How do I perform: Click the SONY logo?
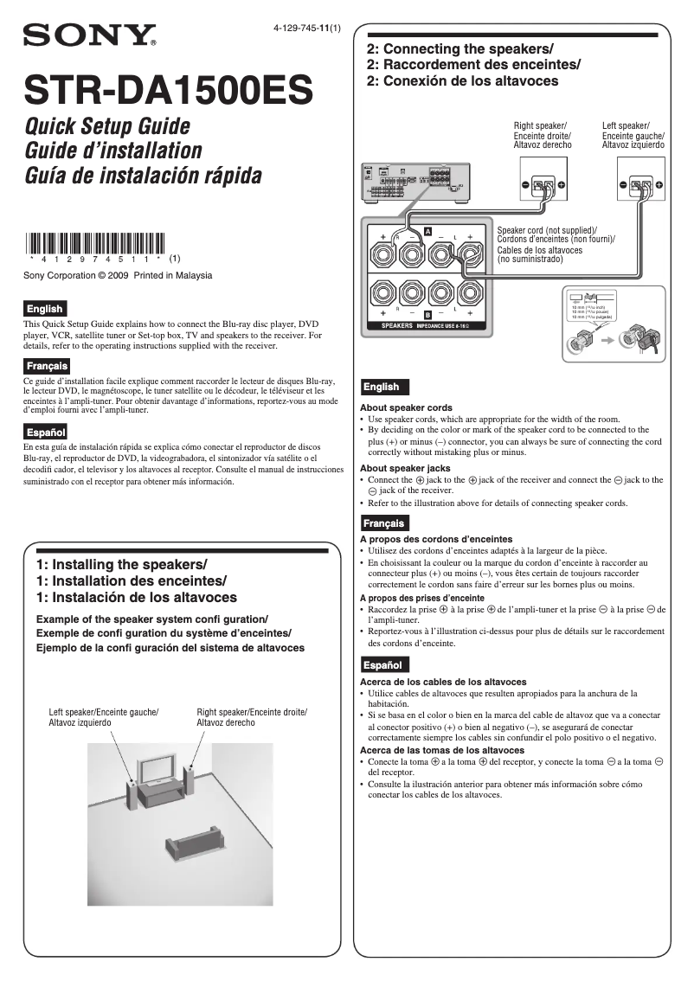[89, 35]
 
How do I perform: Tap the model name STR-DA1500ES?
[169, 89]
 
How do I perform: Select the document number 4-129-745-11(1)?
[306, 28]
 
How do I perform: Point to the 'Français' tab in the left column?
[47, 366]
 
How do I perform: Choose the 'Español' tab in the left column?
[45, 432]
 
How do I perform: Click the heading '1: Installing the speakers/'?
[122, 564]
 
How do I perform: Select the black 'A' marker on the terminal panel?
[427, 231]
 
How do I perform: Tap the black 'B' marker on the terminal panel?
[427, 313]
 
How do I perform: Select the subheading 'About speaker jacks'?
[405, 468]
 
